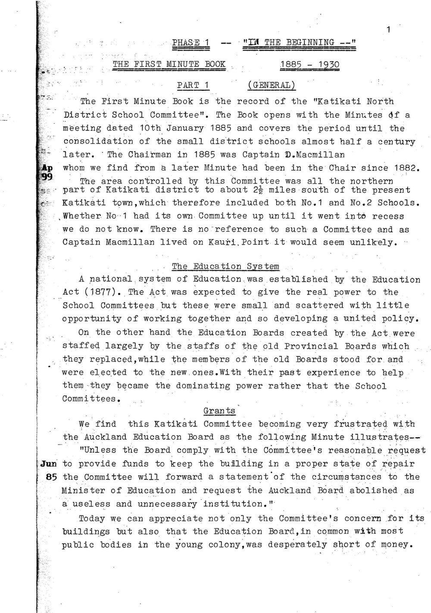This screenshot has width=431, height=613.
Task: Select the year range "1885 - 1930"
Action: point(309,65)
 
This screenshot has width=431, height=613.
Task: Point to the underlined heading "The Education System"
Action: point(225,266)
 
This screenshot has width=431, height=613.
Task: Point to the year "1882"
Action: point(406,168)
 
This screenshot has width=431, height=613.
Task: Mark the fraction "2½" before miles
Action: point(234,190)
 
